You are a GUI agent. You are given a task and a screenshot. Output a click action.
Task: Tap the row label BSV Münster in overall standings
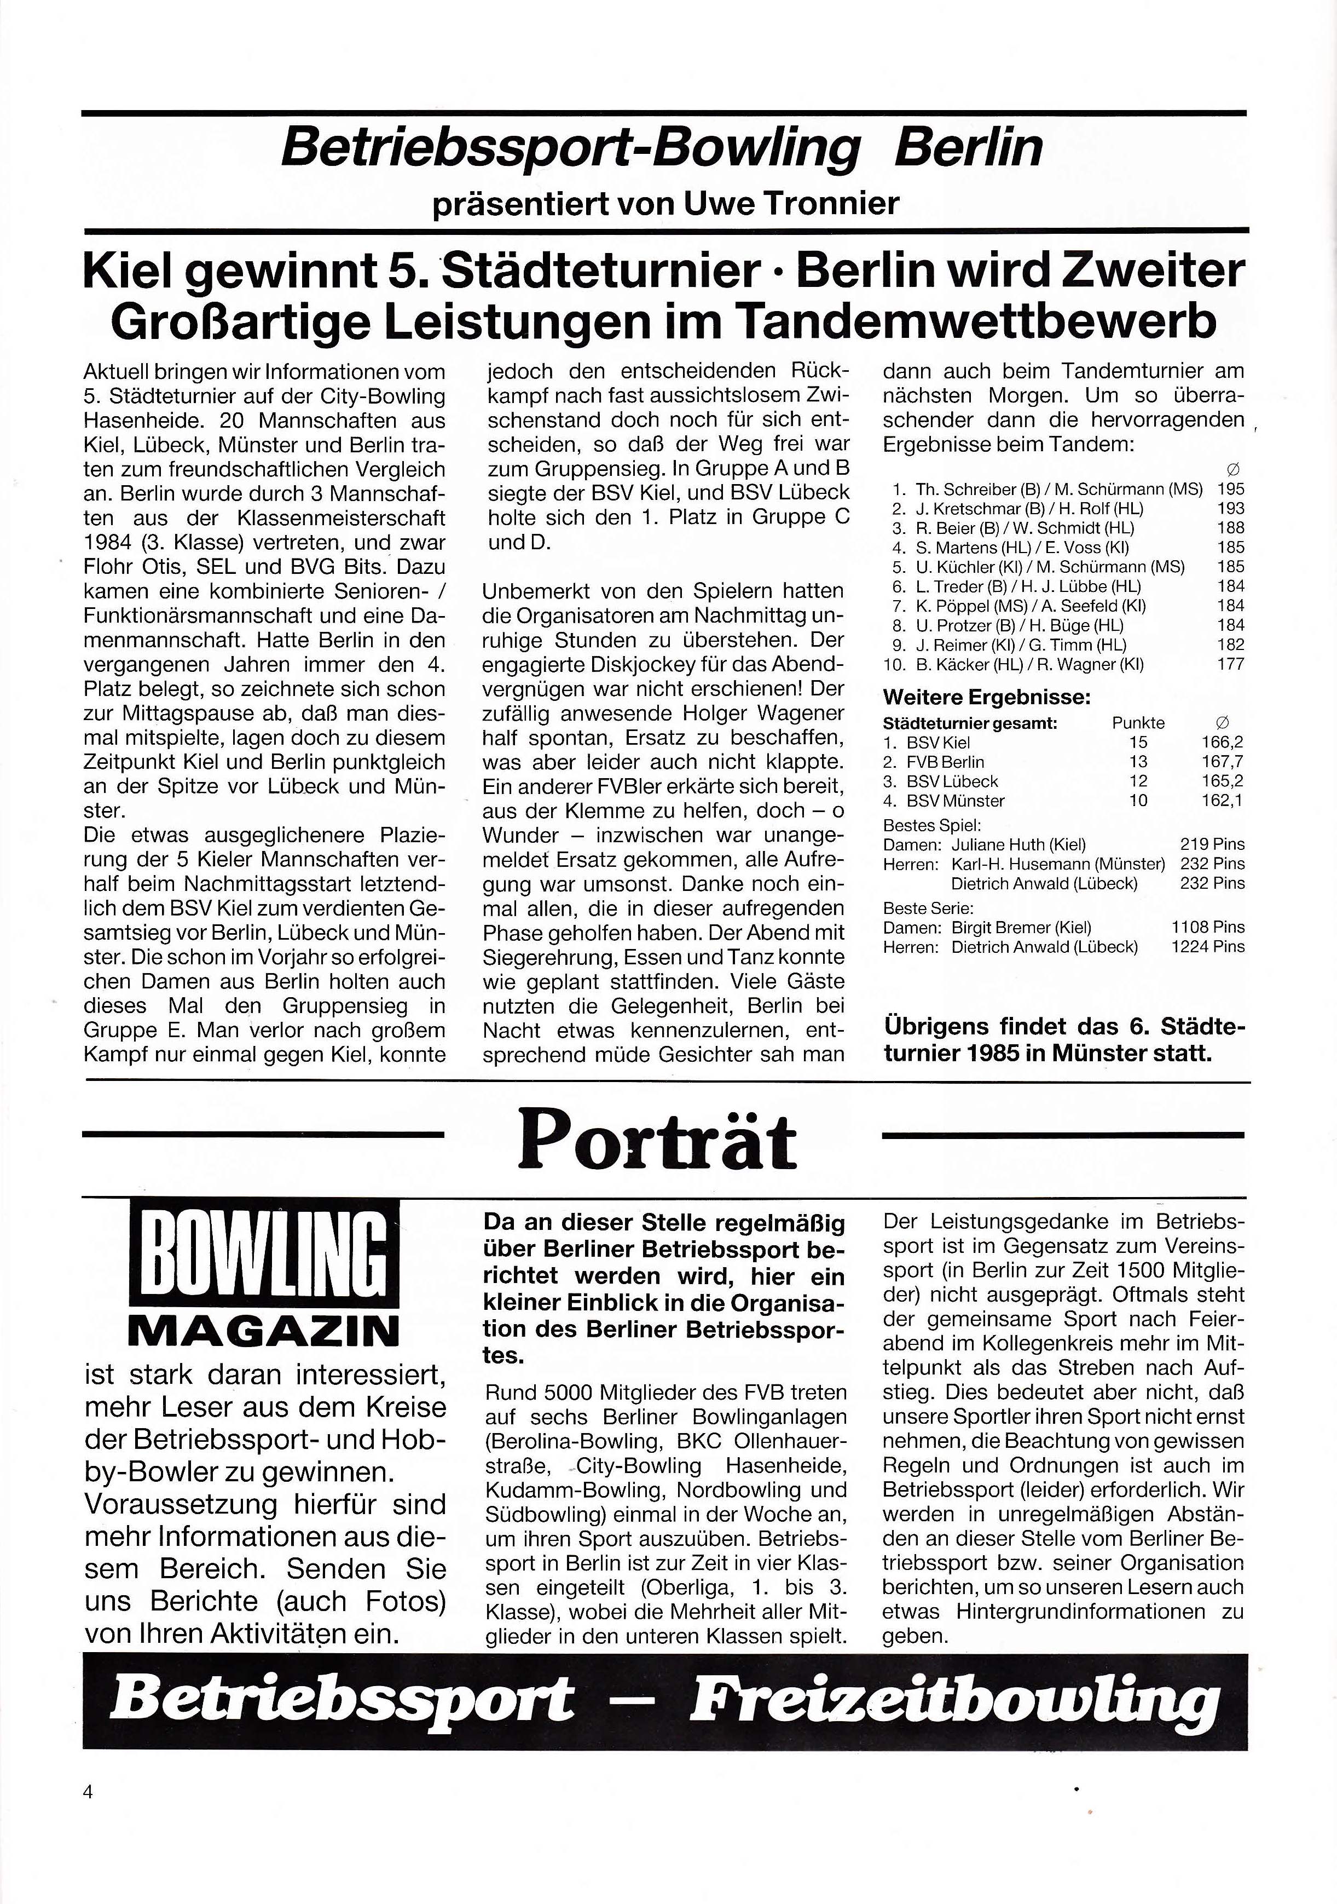pyautogui.click(x=956, y=801)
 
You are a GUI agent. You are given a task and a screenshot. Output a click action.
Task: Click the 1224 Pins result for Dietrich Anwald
pyautogui.click(x=1208, y=946)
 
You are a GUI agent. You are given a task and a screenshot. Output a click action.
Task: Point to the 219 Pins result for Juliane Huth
pyautogui.click(x=1212, y=844)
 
